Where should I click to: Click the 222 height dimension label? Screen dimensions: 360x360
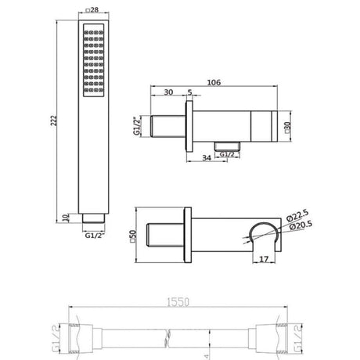coord(53,121)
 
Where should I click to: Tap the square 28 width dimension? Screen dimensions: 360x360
coord(92,10)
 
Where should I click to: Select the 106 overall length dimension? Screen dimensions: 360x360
coord(214,82)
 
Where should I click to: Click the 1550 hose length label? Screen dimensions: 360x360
coord(178,302)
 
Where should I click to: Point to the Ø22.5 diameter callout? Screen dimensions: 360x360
coord(297,215)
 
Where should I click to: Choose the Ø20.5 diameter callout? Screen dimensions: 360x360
coord(301,225)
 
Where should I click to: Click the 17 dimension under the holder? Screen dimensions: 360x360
coord(264,259)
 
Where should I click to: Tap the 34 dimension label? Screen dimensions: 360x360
coord(207,158)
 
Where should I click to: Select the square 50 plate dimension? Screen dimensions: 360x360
coord(133,236)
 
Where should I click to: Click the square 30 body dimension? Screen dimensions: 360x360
coord(288,127)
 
